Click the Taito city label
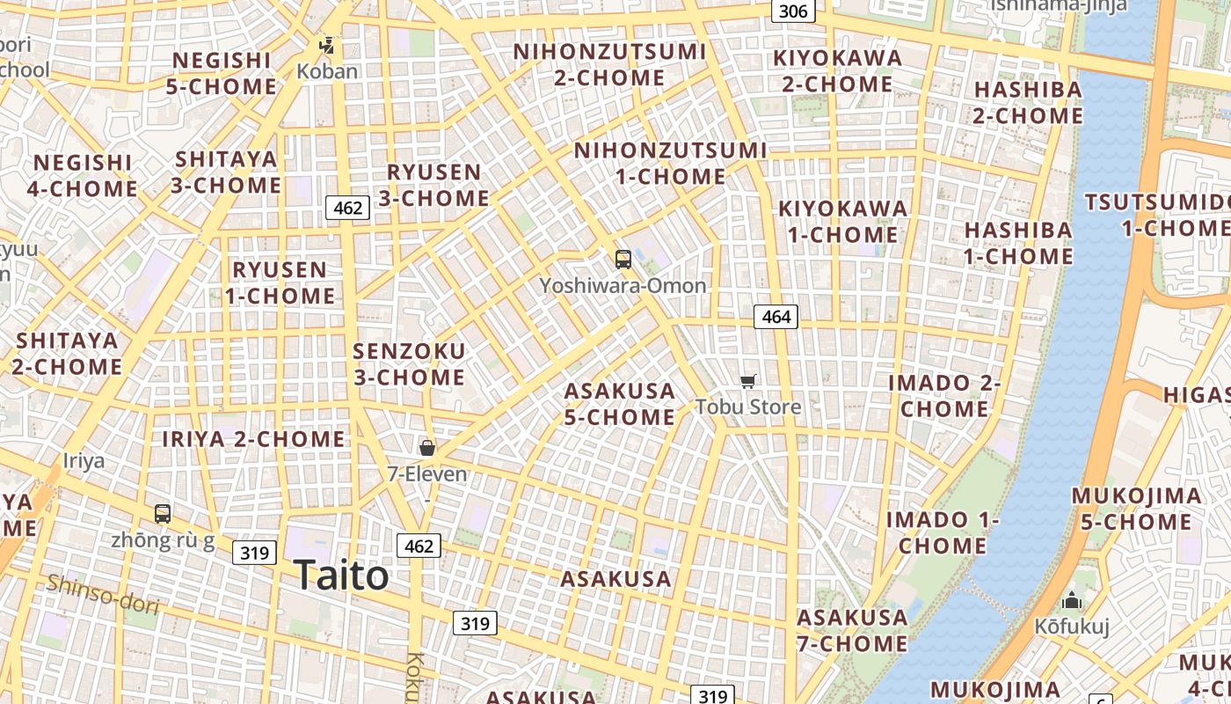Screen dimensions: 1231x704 point(341,576)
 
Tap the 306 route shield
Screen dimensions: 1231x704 point(793,11)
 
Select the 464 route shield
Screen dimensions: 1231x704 point(776,317)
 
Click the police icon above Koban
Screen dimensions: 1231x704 point(327,45)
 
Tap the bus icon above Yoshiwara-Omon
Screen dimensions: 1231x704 point(623,260)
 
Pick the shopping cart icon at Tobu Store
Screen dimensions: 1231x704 point(747,381)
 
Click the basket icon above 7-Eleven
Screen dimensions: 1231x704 point(427,448)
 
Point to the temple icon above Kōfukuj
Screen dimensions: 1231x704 point(1072,602)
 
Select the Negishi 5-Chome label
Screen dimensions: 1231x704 point(222,73)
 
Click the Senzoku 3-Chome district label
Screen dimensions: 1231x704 point(409,364)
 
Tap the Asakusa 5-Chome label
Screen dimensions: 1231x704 point(620,404)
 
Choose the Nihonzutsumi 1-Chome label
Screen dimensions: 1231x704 point(670,164)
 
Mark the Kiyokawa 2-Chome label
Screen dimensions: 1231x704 point(837,71)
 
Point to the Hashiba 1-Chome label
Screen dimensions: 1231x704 point(1018,243)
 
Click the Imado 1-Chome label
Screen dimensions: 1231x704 point(943,532)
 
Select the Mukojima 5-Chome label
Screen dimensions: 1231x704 point(1136,509)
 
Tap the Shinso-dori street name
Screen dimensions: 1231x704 point(103,594)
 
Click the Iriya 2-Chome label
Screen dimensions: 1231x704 point(253,438)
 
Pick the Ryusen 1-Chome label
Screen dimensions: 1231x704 point(280,282)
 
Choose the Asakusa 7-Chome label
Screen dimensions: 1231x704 point(852,630)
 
